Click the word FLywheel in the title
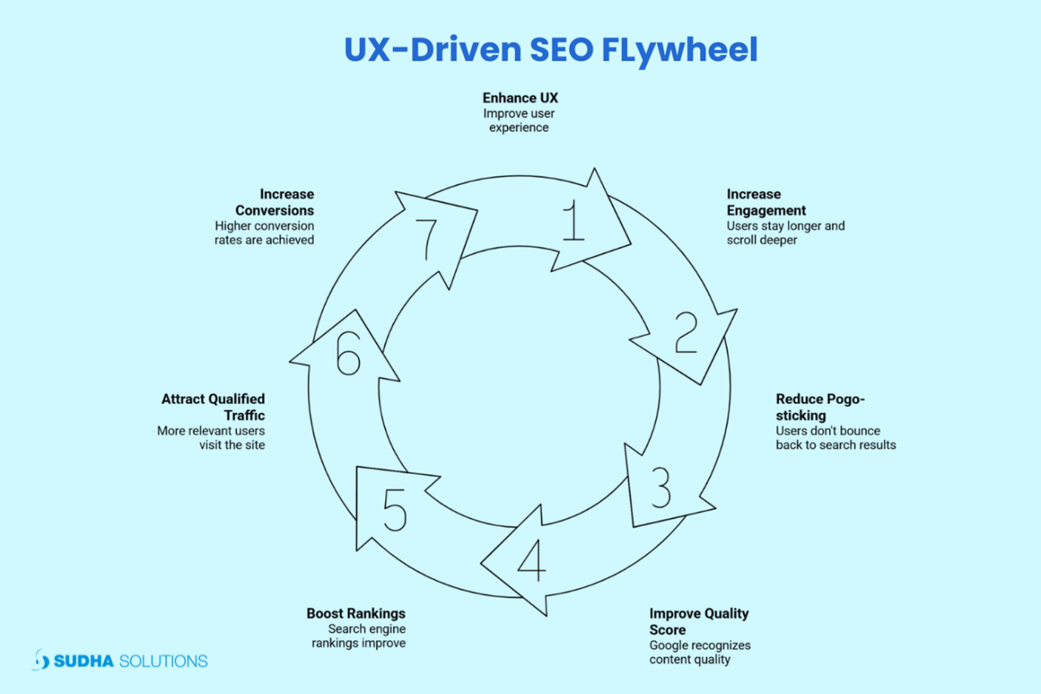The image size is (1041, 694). tap(679, 50)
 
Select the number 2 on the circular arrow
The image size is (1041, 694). tap(686, 332)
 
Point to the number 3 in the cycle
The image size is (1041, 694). tap(661, 487)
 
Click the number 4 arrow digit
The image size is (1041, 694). tap(532, 560)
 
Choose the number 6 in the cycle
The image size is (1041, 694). tap(348, 353)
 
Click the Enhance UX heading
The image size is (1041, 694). tap(520, 98)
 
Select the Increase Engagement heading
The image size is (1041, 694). tap(765, 202)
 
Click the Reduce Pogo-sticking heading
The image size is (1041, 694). tap(819, 407)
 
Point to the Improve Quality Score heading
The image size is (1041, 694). tap(698, 622)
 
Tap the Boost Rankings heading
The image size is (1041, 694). tap(356, 613)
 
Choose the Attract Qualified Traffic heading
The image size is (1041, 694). tap(214, 407)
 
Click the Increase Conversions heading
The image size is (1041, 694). tap(276, 202)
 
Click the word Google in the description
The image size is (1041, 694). tap(668, 646)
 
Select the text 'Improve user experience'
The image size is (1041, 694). tap(519, 121)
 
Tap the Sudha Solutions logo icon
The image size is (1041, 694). tap(41, 660)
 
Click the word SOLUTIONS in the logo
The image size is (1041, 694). tap(163, 662)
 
